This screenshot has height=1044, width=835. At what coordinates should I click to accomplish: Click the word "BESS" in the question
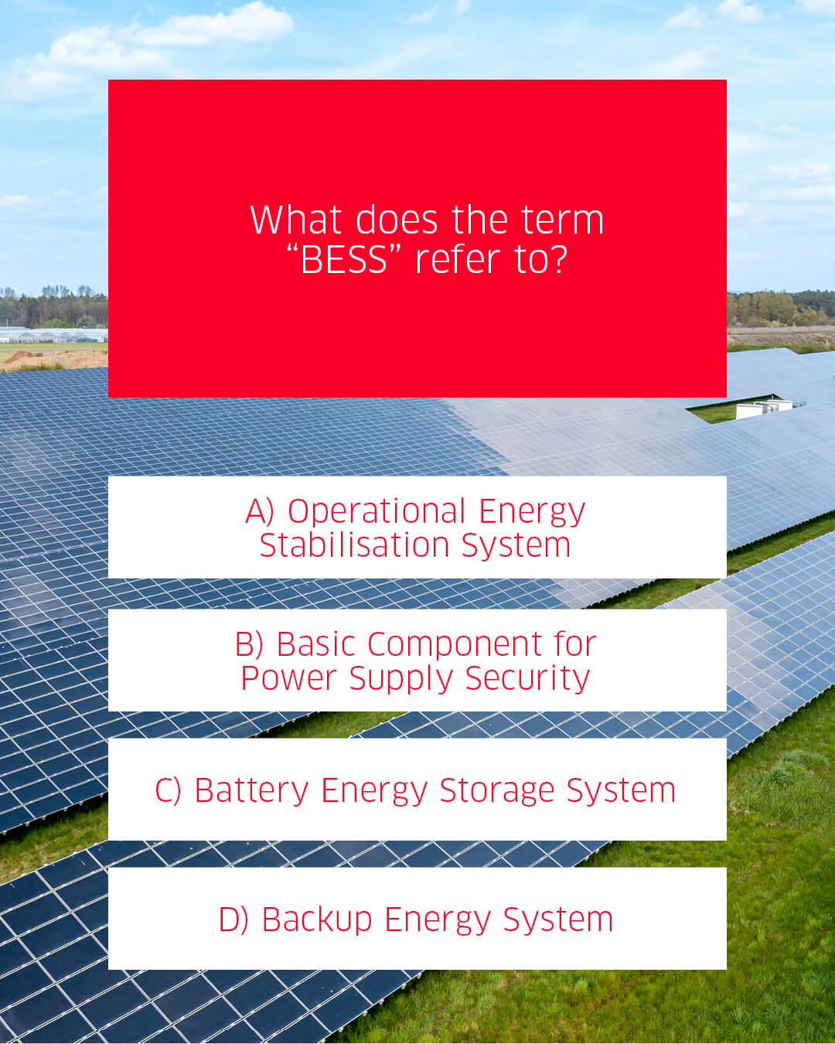tap(344, 259)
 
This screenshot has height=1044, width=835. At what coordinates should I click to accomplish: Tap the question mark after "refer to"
tap(559, 259)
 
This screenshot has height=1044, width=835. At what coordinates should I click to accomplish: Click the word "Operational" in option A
tap(377, 511)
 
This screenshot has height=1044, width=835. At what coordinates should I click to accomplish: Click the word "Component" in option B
tap(455, 645)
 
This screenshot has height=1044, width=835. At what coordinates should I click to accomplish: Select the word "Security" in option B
tap(527, 678)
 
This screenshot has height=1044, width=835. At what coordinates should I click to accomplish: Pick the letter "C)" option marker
tap(168, 790)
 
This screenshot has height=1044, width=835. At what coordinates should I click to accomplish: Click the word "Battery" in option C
tap(251, 791)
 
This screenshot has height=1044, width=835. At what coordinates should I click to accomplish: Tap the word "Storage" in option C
tap(497, 791)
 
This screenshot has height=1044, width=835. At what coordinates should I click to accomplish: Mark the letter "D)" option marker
tap(233, 919)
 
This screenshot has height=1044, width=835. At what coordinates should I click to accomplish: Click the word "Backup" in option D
tap(317, 920)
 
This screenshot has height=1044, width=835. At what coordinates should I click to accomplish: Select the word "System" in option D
tap(558, 920)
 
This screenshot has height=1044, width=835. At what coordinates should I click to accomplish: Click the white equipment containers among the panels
tap(764, 408)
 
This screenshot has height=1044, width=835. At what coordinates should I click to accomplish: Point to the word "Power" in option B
tap(288, 678)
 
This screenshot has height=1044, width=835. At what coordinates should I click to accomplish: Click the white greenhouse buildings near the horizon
tap(53, 335)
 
